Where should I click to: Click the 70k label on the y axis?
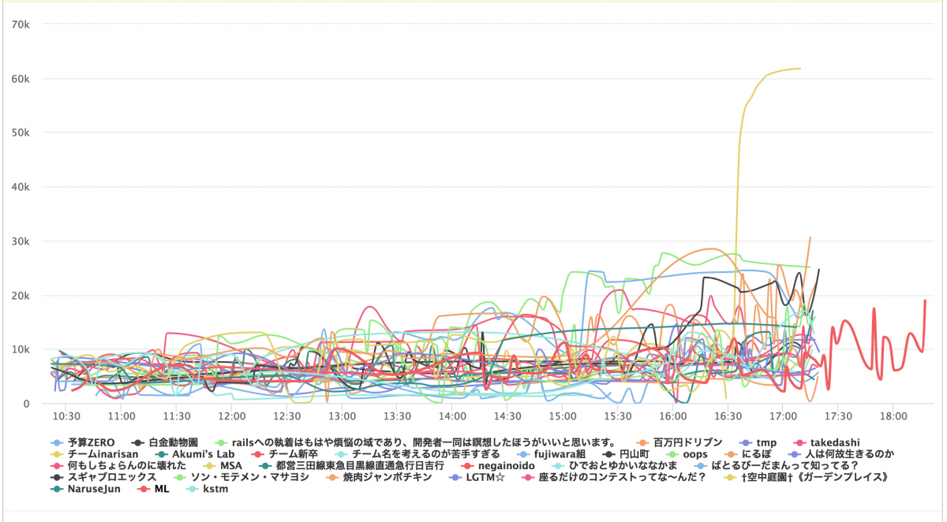pos(20,24)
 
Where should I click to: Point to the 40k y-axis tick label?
pos(20,187)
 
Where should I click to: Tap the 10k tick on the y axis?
pos(20,349)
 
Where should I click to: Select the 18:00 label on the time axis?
pos(893,416)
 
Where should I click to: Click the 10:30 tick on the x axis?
pos(66,416)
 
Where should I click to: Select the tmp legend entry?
pos(765,443)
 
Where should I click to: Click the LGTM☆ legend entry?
pos(485,477)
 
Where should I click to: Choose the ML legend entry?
pos(161,489)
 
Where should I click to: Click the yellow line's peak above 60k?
pos(799,69)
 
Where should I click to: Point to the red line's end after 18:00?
pos(925,300)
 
